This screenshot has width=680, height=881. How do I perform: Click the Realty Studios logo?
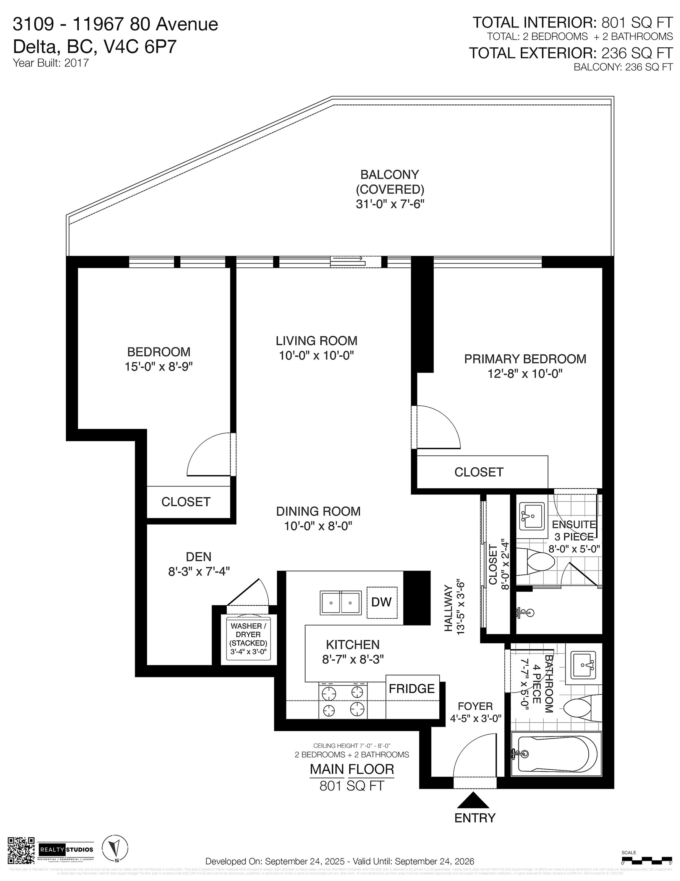(x=66, y=850)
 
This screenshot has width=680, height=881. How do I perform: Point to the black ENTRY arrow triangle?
(x=473, y=800)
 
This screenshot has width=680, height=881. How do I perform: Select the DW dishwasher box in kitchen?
(x=382, y=602)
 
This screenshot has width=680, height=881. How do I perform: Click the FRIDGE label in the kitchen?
(x=411, y=688)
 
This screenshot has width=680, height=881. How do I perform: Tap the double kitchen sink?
(x=341, y=603)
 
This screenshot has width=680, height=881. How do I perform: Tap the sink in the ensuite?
(x=532, y=516)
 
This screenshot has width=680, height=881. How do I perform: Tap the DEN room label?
(x=198, y=557)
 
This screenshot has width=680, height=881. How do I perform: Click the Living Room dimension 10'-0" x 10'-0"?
(x=316, y=355)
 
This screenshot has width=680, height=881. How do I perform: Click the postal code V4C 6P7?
(x=141, y=47)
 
